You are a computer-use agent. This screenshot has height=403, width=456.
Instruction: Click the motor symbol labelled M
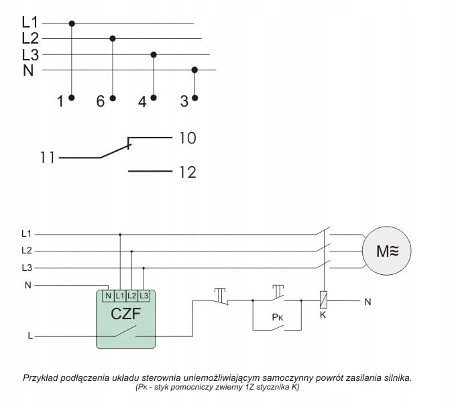click(x=386, y=251)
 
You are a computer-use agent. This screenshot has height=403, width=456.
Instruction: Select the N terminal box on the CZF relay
click(x=108, y=295)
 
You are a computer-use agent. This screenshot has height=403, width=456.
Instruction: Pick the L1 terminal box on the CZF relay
click(x=119, y=295)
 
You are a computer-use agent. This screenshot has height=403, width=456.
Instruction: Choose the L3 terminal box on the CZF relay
click(x=143, y=295)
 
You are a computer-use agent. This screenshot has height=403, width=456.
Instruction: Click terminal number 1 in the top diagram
click(x=60, y=101)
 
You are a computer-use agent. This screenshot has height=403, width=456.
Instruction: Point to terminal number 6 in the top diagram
click(x=101, y=101)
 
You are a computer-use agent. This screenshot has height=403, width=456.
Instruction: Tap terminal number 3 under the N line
click(x=184, y=101)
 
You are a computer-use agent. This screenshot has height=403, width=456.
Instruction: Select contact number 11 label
click(x=47, y=159)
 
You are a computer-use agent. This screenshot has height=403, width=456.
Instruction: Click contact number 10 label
click(x=187, y=139)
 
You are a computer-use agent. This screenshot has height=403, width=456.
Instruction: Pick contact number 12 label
click(x=187, y=172)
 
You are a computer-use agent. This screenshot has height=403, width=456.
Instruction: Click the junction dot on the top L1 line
click(x=72, y=23)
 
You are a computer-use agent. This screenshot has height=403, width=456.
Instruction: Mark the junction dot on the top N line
click(x=195, y=69)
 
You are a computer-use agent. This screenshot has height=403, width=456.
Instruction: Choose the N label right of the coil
click(x=367, y=302)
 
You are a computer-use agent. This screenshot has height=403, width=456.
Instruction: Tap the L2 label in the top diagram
click(x=30, y=38)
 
